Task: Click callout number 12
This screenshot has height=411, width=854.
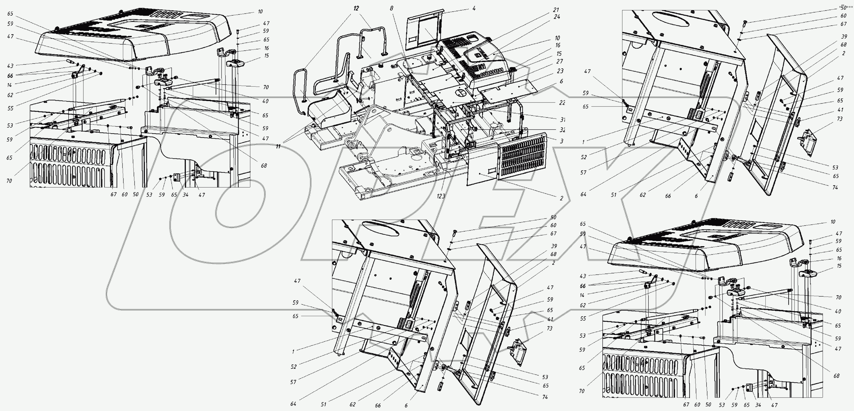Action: (356, 8)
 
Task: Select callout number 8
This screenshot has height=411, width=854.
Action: (391, 8)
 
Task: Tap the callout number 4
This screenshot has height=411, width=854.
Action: (474, 8)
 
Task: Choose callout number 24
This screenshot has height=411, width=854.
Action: (557, 16)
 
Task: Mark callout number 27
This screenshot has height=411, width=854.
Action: (560, 61)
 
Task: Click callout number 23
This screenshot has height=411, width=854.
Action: (560, 71)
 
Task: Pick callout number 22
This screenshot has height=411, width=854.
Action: (562, 103)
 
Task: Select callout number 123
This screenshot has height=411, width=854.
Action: (441, 196)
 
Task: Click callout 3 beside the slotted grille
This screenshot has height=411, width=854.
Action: (562, 141)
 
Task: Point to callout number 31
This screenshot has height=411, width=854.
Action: (562, 119)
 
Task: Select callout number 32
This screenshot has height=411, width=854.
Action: (562, 130)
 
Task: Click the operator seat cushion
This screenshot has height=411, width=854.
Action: (330, 113)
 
